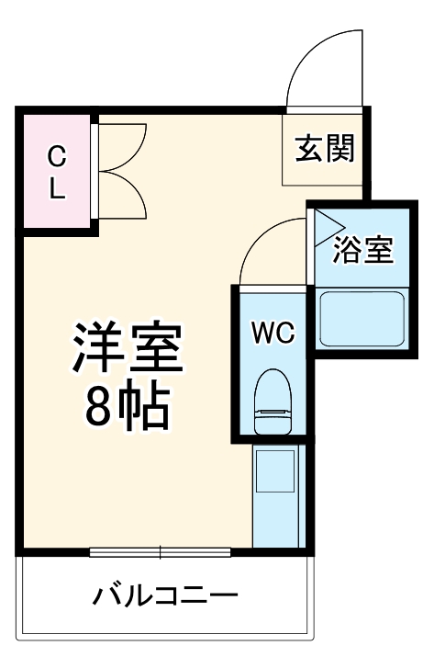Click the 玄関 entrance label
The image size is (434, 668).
coord(324,148)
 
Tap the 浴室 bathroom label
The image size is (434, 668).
coord(362,250)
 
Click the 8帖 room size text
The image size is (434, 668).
coord(128,408)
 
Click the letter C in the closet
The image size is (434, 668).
coord(56,154)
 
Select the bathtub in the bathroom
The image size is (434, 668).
coord(362,317)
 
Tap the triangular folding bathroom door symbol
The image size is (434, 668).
coord(324,226)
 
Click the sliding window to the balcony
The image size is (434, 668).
coord(161,552)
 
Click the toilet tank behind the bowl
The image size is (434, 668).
coord(273,425)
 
